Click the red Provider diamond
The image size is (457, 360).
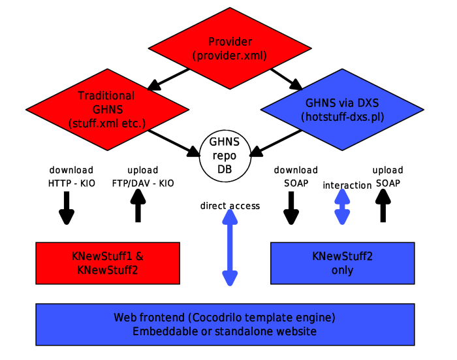click(x=229, y=48)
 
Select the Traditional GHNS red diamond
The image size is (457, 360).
click(x=106, y=108)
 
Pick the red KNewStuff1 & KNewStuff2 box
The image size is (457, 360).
click(x=108, y=263)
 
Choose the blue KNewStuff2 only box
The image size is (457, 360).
click(x=342, y=263)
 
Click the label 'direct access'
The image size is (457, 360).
click(x=230, y=206)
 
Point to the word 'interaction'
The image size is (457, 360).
click(x=347, y=185)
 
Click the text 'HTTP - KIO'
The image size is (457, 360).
click(x=71, y=183)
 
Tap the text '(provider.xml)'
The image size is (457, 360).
click(x=229, y=56)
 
